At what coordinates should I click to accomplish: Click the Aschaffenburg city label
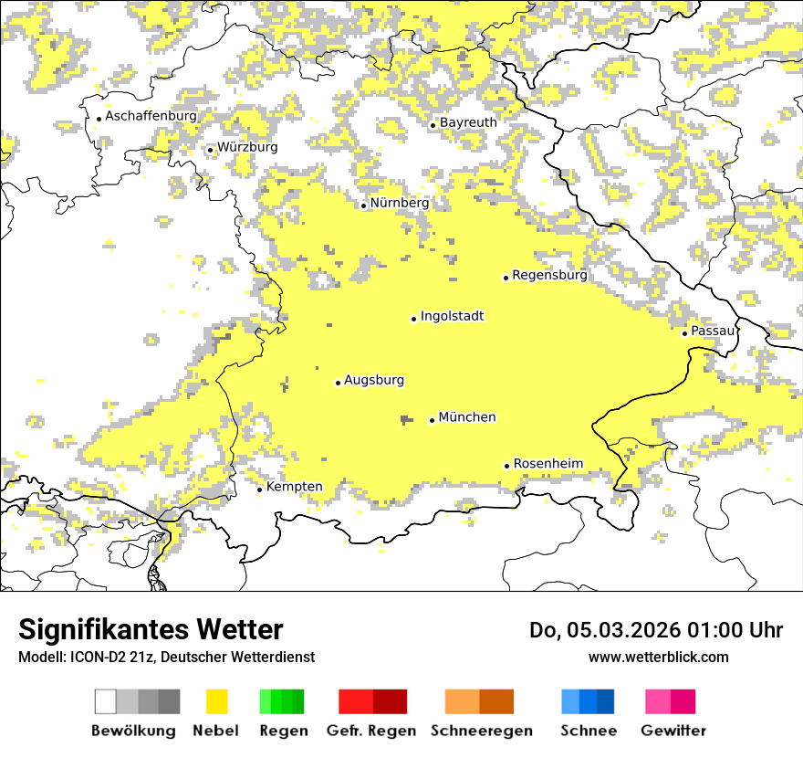(x=151, y=116)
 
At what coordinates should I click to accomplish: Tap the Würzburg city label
(x=247, y=147)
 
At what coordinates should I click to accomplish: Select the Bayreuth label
(x=468, y=122)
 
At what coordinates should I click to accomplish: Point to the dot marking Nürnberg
(x=363, y=205)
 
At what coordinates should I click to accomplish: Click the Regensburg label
(x=549, y=275)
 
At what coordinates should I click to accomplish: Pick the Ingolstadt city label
(x=452, y=316)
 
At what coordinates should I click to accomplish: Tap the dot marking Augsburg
(x=338, y=383)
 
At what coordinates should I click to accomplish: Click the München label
(x=467, y=417)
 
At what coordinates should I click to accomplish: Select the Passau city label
(x=713, y=331)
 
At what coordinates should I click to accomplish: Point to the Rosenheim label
(x=547, y=464)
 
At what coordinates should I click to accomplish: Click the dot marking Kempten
(x=259, y=490)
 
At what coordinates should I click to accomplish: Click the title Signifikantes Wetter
(x=151, y=629)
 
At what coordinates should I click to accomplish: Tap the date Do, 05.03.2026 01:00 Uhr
(x=656, y=630)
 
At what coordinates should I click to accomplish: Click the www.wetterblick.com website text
(x=658, y=657)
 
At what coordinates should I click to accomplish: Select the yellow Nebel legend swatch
(x=216, y=701)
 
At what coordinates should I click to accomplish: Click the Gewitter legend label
(x=673, y=731)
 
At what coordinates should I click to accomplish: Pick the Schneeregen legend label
(x=482, y=731)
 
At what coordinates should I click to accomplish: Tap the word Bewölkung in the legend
(x=133, y=731)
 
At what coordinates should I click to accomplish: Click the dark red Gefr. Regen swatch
(x=390, y=701)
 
